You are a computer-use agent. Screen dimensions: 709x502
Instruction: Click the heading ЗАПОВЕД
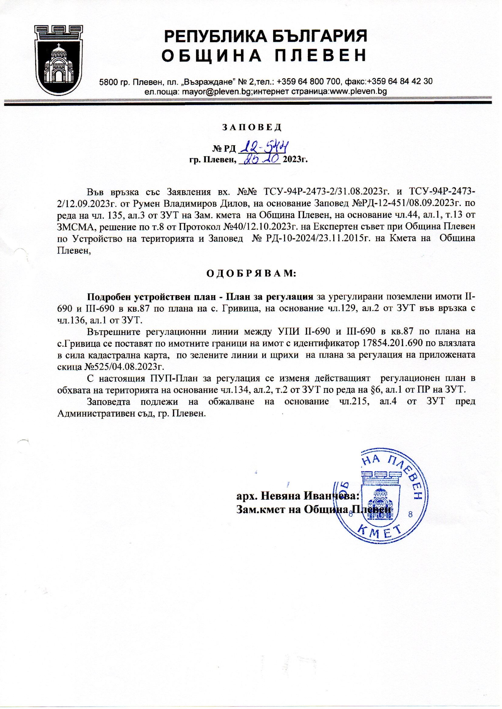[251, 127]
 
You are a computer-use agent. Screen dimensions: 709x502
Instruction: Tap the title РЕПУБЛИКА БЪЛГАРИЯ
[265, 36]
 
